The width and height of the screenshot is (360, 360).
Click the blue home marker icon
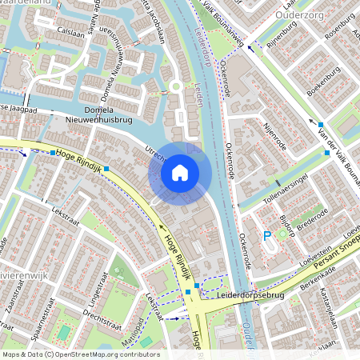point(180,173)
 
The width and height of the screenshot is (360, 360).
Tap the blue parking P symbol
point(267,235)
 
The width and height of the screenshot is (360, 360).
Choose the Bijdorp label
point(286,228)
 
